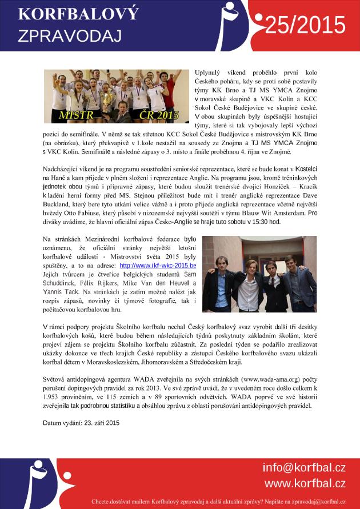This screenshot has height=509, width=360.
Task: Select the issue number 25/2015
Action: coord(305,26)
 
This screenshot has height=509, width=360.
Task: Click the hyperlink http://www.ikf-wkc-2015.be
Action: coord(158,266)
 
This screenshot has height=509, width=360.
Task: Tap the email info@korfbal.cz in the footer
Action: coord(304,468)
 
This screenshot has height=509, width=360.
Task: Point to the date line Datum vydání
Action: coord(81,423)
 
